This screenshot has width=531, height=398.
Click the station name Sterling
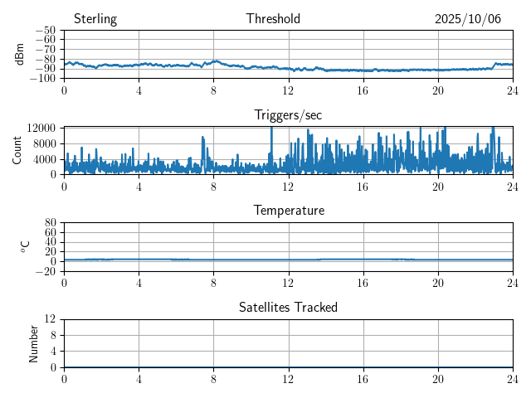pos(95,19)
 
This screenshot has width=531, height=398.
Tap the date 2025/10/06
pos(468,19)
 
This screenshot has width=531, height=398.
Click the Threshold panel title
pos(273,19)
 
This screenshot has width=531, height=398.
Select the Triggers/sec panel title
pos(288,115)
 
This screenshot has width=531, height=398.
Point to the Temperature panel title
pos(289,211)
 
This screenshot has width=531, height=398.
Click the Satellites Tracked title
pos(288,307)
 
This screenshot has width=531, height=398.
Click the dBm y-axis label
pos(21,54)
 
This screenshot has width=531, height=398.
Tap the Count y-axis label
pos(17,150)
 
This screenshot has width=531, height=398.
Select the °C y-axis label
pos(26,246)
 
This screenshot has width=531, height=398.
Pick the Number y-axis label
pos(34,342)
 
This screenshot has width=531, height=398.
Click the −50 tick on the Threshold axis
pos(46,31)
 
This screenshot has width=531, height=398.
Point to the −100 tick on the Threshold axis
pos(42,78)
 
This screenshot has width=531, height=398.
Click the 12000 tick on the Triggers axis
pos(41,128)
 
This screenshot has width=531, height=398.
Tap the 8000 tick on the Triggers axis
pos(44,143)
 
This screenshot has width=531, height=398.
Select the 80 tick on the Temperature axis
pos(51,223)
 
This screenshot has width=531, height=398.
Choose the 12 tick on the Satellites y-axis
pos(51,319)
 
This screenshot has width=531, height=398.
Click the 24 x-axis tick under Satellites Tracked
pos(513,379)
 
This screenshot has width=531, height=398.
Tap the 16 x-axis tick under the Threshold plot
pos(363,90)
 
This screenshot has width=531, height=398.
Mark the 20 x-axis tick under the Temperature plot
pos(438,283)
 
